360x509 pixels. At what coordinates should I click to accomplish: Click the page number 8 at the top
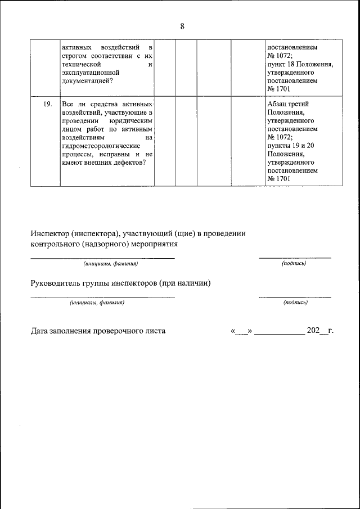click(182, 26)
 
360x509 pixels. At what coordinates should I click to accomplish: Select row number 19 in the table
click(48, 104)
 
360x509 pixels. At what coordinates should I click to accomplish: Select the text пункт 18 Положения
click(300, 64)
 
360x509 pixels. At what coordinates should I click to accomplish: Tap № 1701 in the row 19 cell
click(278, 179)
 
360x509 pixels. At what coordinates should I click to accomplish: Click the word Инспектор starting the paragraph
click(49, 233)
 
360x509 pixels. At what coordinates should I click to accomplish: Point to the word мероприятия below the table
click(155, 244)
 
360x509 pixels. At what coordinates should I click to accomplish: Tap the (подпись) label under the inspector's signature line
click(294, 263)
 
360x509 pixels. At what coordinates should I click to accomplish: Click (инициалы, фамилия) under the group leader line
click(97, 303)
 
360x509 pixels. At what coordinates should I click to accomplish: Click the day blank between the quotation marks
click(241, 331)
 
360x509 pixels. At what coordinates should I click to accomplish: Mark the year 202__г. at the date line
click(319, 331)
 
